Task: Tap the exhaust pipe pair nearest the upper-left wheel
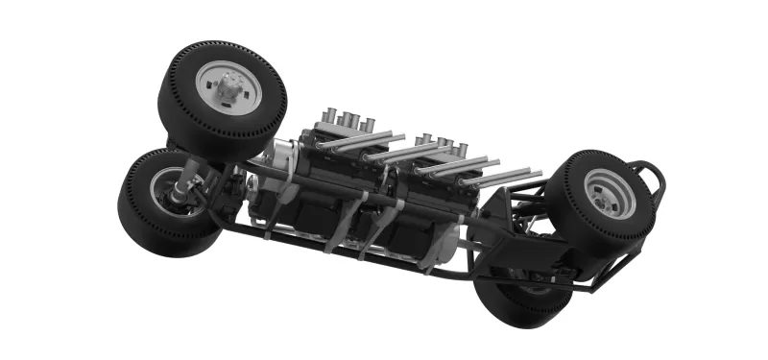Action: point(360,141)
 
